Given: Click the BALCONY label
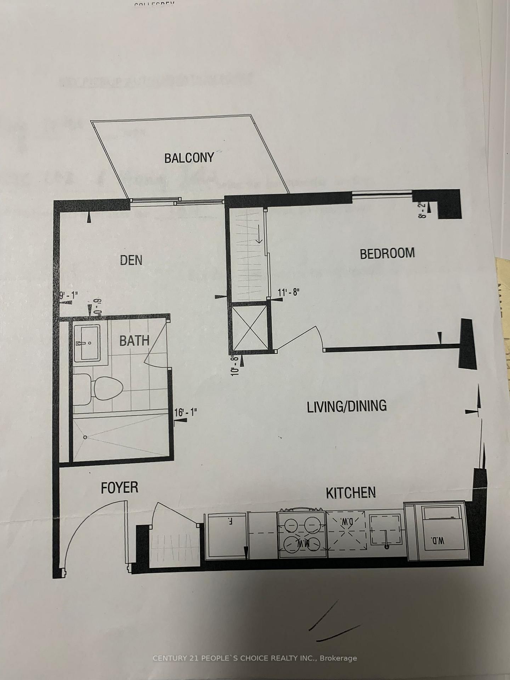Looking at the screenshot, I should pyautogui.click(x=189, y=158).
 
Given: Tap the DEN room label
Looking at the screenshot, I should pyautogui.click(x=131, y=260).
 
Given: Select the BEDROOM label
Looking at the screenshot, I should pyautogui.click(x=387, y=254).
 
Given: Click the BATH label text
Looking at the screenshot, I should pyautogui.click(x=134, y=341).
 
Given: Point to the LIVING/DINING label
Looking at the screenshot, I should pyautogui.click(x=346, y=406).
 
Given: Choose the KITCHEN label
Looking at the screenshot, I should pyautogui.click(x=351, y=493).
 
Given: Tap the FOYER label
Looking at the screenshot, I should pyautogui.click(x=119, y=488).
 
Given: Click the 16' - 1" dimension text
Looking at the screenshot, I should pyautogui.click(x=185, y=412).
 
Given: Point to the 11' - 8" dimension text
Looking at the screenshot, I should pyautogui.click(x=289, y=293).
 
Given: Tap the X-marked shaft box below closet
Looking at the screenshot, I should pyautogui.click(x=250, y=328).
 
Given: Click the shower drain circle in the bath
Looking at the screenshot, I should pyautogui.click(x=85, y=437).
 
